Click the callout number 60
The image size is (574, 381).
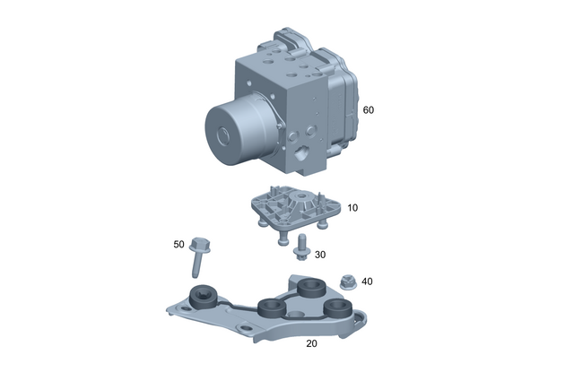[x=368, y=110]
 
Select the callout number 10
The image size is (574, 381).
[x=352, y=207]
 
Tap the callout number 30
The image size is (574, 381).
[x=319, y=254]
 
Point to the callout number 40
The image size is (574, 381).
[x=367, y=281]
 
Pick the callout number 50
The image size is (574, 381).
[x=178, y=244]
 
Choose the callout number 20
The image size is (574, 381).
[x=311, y=343]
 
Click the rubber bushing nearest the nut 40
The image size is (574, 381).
[x=312, y=290]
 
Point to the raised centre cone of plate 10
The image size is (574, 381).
[x=296, y=198]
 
